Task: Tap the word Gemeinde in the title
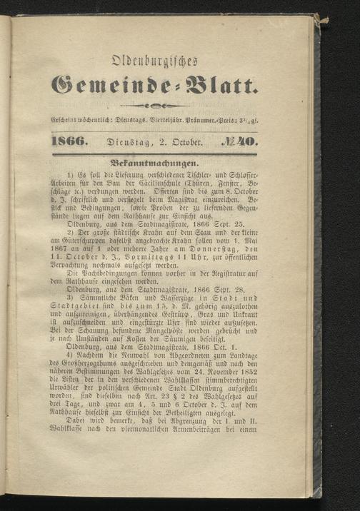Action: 107,87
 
